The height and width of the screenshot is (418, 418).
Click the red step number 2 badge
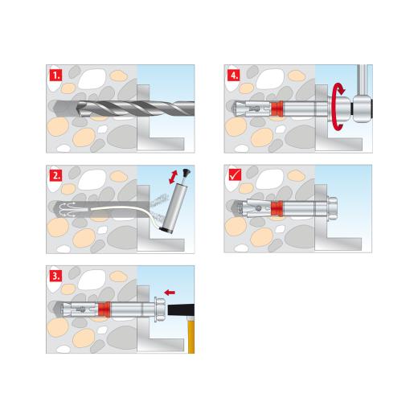pyautogui.click(x=55, y=174)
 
